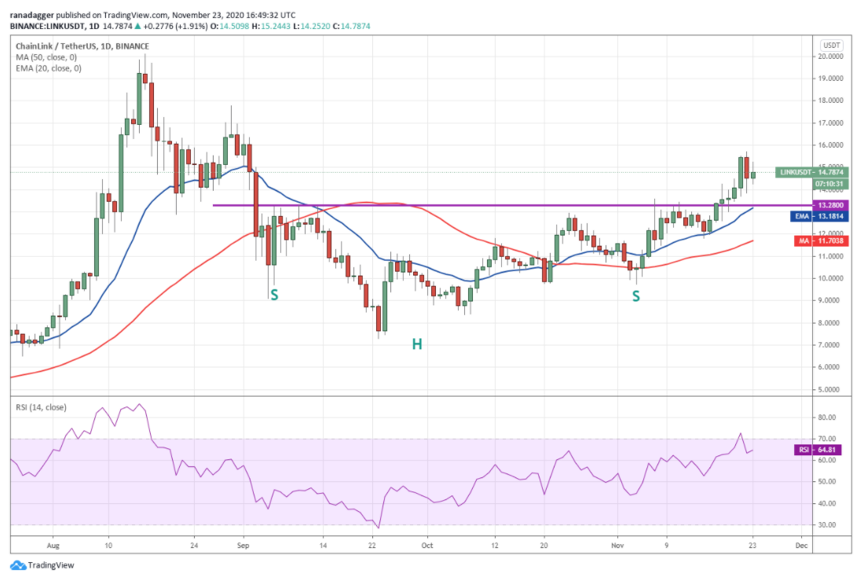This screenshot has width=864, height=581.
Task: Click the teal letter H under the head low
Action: [417, 344]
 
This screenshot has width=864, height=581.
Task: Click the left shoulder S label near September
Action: [274, 295]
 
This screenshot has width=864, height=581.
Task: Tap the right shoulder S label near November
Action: [636, 296]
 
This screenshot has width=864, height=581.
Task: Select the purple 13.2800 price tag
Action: [830, 205]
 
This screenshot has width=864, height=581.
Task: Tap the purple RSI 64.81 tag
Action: [818, 450]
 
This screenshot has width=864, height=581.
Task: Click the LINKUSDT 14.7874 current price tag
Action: [811, 173]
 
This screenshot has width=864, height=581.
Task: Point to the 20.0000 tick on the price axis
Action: [830, 57]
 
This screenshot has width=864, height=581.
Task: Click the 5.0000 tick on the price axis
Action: [830, 389]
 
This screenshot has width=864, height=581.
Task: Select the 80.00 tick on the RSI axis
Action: [826, 418]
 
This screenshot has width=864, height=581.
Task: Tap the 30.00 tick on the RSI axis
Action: [826, 524]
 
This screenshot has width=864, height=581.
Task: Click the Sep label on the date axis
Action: [243, 546]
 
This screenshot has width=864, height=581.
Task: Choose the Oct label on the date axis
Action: [427, 546]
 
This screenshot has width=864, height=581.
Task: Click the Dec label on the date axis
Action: [801, 546]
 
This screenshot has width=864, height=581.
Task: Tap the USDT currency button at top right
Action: [832, 46]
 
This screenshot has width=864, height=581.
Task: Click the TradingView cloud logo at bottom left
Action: [18, 565]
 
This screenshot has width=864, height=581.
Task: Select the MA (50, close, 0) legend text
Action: [46, 57]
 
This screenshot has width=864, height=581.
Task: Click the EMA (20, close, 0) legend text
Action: [49, 68]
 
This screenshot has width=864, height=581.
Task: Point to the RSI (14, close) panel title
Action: [41, 407]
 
